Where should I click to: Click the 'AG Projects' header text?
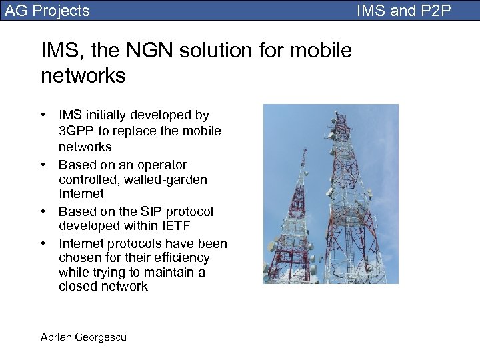[x=47, y=10]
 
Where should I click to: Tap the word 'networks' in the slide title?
[x=83, y=75]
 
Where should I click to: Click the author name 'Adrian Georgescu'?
[x=83, y=337]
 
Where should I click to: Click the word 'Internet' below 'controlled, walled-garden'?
[x=81, y=193]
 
